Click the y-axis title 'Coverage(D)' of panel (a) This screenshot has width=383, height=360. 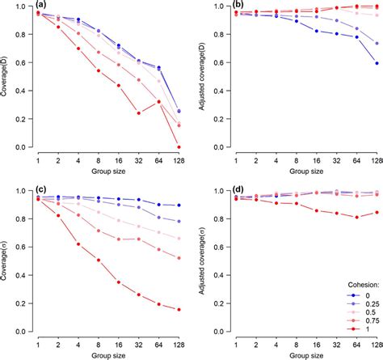9,77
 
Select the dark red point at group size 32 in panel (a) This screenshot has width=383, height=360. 138,113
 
